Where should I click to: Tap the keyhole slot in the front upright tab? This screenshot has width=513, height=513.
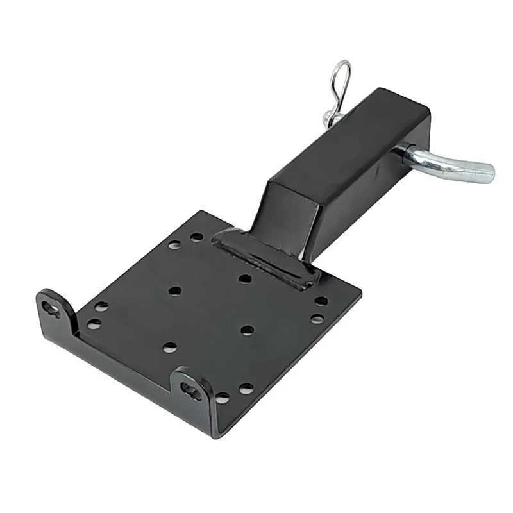tap(190, 389)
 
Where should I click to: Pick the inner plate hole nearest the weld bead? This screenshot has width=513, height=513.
tap(244, 278)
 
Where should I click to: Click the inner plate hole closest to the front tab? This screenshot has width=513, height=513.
tap(170, 347)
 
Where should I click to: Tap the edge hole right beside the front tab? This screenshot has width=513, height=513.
tap(222, 398)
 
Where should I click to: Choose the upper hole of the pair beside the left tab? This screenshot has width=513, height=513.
tap(101, 307)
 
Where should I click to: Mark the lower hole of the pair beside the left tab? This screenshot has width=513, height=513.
tap(94, 324)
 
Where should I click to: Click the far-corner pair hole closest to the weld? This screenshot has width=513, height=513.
tap(196, 237)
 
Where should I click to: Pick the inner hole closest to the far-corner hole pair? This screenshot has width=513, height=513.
tap(174, 290)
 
